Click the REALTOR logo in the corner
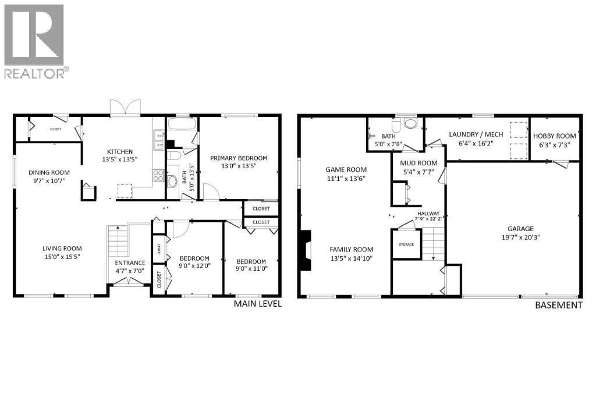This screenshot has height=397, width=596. point(34,41)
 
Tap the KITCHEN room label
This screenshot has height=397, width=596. point(119,151)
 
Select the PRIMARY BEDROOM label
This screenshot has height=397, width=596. point(239,158)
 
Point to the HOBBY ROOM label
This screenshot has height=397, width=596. point(554,136)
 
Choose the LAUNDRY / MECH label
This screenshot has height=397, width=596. point(476,134)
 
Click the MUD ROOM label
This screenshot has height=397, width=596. point(418,163)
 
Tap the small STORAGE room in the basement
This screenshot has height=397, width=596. point(406,244)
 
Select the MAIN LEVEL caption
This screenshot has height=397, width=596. point(257,304)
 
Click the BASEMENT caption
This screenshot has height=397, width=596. point(558,305)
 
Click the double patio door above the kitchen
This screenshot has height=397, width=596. point(126,109)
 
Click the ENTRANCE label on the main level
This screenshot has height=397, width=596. point(130,263)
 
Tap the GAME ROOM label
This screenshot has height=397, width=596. point(346,169)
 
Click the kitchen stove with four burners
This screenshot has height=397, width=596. point(157,173)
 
